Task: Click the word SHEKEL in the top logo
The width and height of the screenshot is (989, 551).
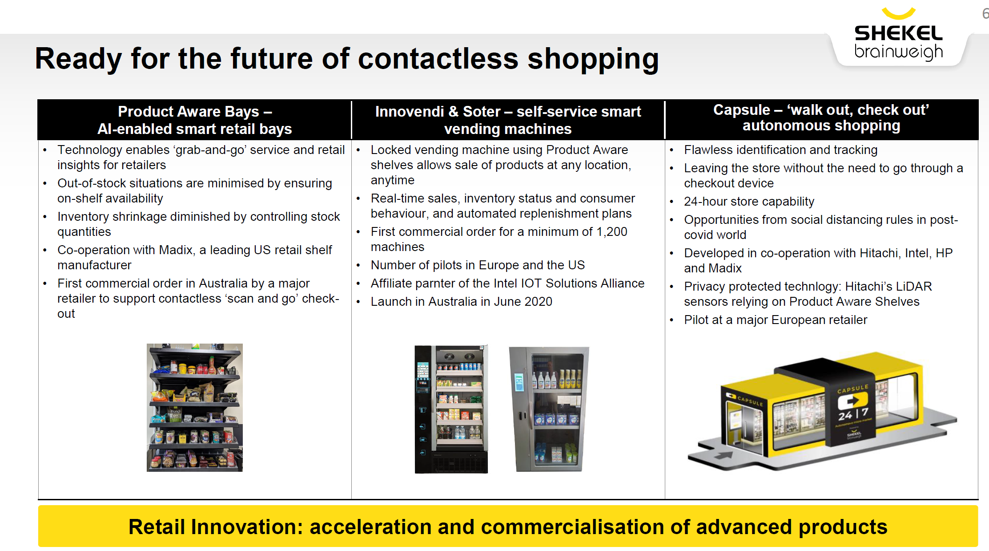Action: point(898,33)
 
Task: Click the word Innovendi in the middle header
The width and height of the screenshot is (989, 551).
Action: point(410,111)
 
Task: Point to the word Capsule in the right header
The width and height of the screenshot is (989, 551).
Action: point(742,110)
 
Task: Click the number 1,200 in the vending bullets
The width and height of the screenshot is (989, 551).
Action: point(612,232)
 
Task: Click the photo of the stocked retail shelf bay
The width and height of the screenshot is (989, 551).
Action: point(195,407)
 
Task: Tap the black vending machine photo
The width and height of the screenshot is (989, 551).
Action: point(451,409)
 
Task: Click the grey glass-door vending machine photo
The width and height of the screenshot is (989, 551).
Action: point(549,409)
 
